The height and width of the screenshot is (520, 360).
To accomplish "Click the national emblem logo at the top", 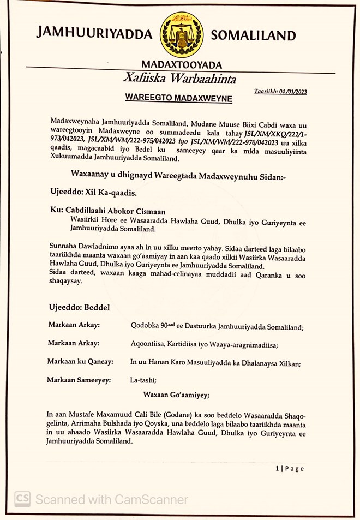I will coord(182,35).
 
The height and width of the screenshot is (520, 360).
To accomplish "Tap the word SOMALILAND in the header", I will coord(253,36).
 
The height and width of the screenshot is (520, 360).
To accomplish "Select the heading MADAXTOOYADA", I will coord(182,64).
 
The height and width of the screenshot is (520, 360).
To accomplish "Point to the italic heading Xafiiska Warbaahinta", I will coord(179,79).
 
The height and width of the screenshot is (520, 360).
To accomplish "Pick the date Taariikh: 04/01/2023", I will coord(280,92).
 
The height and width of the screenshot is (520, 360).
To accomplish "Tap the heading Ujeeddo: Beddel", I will coord(79,308).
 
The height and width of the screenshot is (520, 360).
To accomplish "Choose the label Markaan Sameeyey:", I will coord(79,380).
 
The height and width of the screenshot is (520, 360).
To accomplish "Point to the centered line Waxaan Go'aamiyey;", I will coord(177,395).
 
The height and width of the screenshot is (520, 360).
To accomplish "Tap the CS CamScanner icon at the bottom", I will coord(22,499).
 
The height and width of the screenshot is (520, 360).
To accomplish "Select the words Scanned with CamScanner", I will coord(112,499).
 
